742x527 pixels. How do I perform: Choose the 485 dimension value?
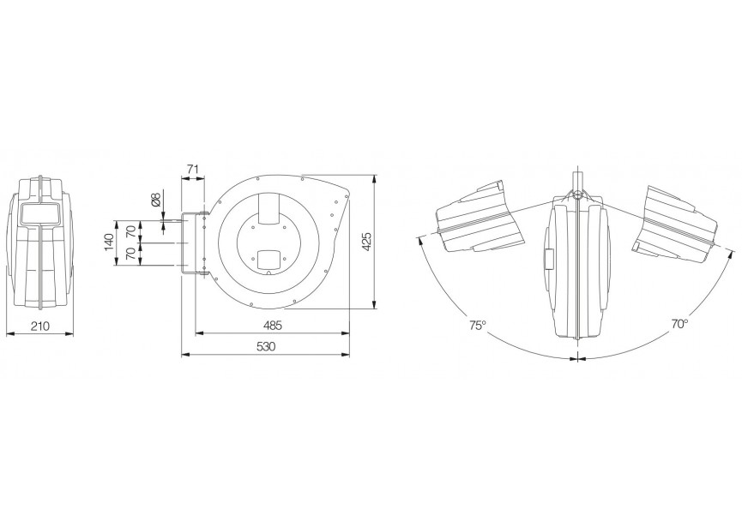click(x=273, y=326)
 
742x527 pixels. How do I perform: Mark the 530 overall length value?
click(x=265, y=346)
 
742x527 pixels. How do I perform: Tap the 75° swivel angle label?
click(x=478, y=326)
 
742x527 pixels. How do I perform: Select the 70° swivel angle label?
click(x=679, y=325)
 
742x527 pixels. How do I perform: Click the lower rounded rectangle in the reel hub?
click(x=270, y=256)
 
